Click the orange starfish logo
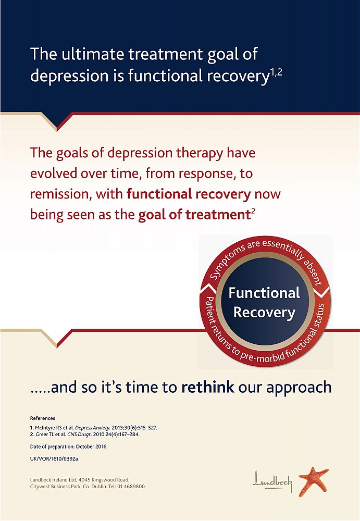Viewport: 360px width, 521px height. (313, 481)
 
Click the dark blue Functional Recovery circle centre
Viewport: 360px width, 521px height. (265, 302)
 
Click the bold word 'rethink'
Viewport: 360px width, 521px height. (208, 387)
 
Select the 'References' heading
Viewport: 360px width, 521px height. (43, 418)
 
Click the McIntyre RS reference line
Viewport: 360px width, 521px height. (93, 428)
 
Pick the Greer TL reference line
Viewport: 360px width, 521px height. (85, 435)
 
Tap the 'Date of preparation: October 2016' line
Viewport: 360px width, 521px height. (68, 446)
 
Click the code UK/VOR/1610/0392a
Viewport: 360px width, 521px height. (54, 459)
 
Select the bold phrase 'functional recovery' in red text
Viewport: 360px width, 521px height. (189, 194)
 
